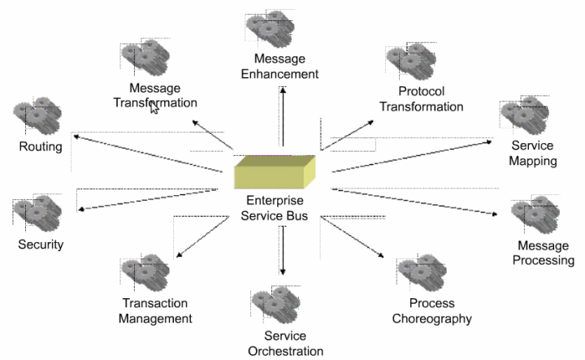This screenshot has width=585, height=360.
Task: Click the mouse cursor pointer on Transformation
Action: pyautogui.click(x=154, y=108)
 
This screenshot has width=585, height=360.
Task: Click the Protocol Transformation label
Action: pyautogui.click(x=431, y=98)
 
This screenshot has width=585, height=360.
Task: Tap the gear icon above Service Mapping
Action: pyautogui.click(x=523, y=114)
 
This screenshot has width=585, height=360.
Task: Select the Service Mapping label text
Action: pyautogui.click(x=532, y=153)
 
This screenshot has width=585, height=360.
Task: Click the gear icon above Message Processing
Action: pyautogui.click(x=535, y=214)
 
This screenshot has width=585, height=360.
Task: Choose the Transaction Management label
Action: pyautogui.click(x=155, y=311)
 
